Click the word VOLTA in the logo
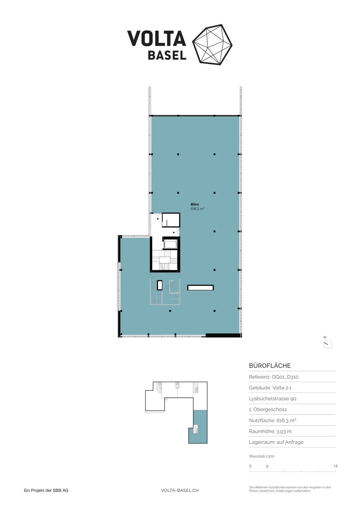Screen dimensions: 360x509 click(156, 38)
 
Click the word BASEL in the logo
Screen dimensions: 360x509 click(167, 55)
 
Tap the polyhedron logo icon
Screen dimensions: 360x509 click(212, 45)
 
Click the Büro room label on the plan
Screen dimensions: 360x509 click(195, 204)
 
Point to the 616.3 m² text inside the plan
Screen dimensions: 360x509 click(197, 209)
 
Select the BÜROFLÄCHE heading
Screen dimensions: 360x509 click(270, 366)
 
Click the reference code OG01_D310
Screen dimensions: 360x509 click(285, 377)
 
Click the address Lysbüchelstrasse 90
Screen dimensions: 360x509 click(273, 399)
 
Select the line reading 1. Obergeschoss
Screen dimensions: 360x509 click(268, 409)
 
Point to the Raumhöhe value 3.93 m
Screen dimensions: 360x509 click(284, 431)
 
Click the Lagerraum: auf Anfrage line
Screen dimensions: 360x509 click(276, 442)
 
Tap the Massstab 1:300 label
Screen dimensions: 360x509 click(262, 456)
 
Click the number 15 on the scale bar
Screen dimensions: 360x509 click(336, 466)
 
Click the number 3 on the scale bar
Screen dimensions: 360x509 click(267, 466)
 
